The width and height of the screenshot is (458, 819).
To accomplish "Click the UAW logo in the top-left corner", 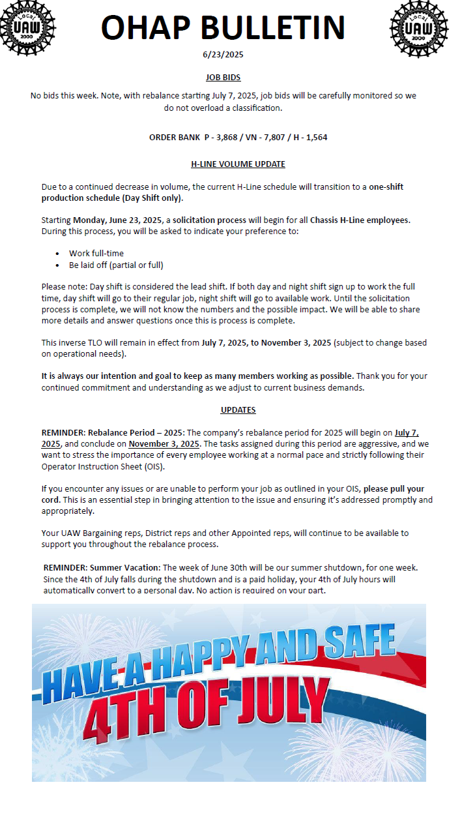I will [x=27, y=28].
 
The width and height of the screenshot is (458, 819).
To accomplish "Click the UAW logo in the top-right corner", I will [x=418, y=28].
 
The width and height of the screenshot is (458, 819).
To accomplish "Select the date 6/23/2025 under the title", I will [x=223, y=55].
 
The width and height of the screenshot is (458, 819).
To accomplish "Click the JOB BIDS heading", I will [x=223, y=77].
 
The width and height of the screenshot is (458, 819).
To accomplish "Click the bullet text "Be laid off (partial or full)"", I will [x=116, y=265].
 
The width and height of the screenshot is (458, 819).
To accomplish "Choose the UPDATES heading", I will [x=238, y=410].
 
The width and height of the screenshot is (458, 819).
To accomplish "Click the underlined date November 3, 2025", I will [x=164, y=443].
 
